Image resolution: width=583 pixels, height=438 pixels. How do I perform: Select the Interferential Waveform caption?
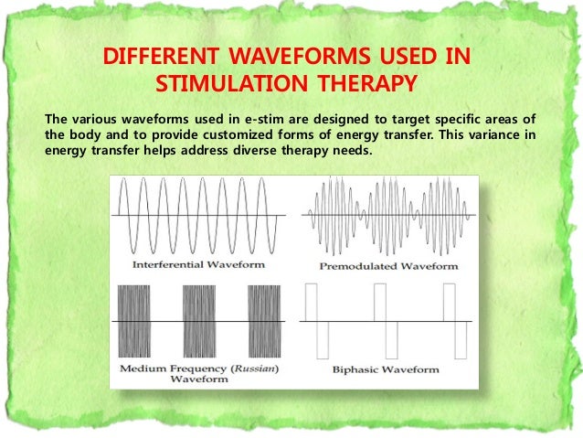[198, 264]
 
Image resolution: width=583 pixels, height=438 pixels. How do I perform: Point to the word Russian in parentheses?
[255, 369]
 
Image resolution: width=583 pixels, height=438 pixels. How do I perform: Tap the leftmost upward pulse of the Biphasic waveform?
[310, 302]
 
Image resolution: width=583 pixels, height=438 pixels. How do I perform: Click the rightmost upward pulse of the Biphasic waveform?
[449, 302]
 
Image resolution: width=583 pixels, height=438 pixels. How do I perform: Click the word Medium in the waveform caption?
[141, 369]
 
